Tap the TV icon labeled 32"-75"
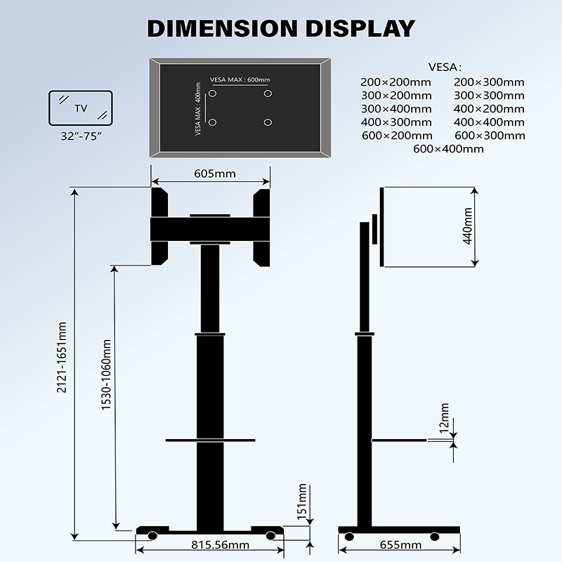81,107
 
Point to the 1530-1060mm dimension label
106,376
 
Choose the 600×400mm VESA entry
448,149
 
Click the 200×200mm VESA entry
396,82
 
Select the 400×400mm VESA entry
489,122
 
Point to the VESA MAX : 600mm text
238,79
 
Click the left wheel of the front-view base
152,537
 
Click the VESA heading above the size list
444,67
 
